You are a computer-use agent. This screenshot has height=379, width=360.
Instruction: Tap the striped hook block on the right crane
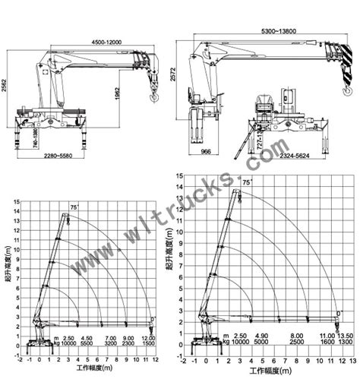click(x=335, y=69)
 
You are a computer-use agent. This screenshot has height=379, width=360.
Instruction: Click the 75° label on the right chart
click(x=247, y=182)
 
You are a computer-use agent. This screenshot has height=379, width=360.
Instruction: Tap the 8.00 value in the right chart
click(x=297, y=335)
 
